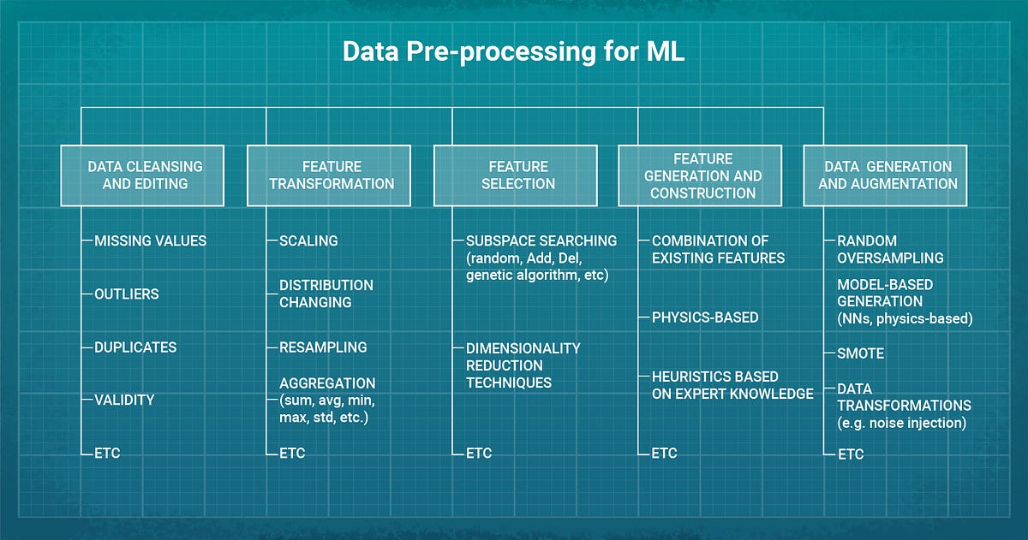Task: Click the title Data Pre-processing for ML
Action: pos(513,51)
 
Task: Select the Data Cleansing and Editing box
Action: pos(142,175)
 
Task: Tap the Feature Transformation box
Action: pos(332,175)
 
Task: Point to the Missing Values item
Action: pos(150,241)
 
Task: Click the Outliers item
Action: pos(126,294)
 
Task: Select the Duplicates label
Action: pos(135,347)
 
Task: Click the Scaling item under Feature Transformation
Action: pos(308,241)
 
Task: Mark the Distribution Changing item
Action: pos(326,294)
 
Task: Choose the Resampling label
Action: pos(323,347)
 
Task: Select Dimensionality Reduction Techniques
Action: pos(523,365)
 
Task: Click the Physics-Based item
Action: pos(705,317)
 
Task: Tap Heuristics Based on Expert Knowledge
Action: pos(732,385)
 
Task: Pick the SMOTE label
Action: pos(860,353)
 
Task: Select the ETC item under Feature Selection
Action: pos(479,454)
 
